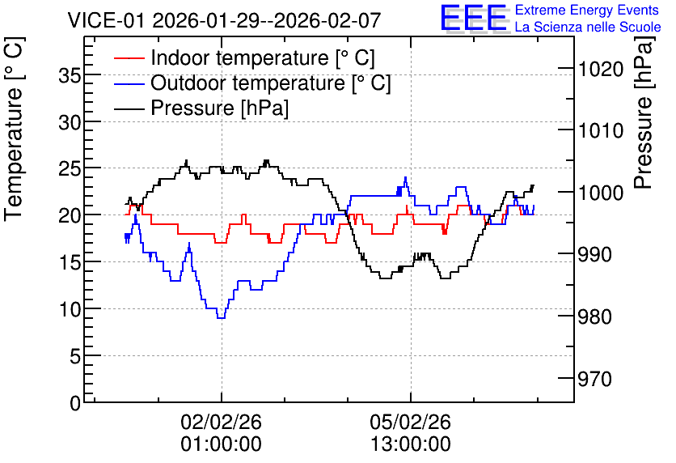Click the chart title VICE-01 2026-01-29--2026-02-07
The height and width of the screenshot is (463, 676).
224,19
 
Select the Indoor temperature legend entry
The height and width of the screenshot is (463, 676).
244,57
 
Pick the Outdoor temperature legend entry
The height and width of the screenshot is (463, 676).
252,83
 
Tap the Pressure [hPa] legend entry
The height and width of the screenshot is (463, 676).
201,108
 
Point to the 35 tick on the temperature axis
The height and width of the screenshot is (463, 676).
70,76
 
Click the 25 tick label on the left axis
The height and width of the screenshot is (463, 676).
70,168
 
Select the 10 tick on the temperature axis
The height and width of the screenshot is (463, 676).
70,309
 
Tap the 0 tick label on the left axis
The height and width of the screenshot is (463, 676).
75,403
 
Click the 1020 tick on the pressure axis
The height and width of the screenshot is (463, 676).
601,69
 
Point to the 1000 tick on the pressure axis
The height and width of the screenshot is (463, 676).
601,193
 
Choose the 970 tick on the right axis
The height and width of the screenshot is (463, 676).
595,380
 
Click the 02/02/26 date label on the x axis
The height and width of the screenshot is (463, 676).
221,422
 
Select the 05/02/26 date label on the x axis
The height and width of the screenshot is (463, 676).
410,422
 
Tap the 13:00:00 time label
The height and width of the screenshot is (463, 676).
410,444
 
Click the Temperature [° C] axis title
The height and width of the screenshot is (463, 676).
14,130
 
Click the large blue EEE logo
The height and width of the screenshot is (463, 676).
474,18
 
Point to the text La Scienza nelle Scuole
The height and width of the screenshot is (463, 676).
588,27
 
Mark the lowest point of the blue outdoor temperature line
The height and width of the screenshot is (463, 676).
222,318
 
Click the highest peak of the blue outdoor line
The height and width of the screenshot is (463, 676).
405,177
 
